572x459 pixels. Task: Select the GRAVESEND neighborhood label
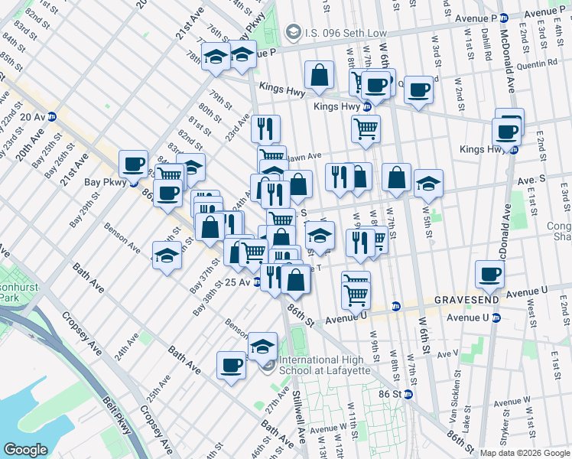[467, 299]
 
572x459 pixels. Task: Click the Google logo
[26, 449]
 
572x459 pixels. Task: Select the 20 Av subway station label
[33, 116]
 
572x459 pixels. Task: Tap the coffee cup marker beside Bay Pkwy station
[133, 164]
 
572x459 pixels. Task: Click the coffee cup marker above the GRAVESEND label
[489, 274]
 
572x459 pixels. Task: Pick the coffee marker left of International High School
[231, 365]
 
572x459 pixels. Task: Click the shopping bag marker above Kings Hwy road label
[319, 75]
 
